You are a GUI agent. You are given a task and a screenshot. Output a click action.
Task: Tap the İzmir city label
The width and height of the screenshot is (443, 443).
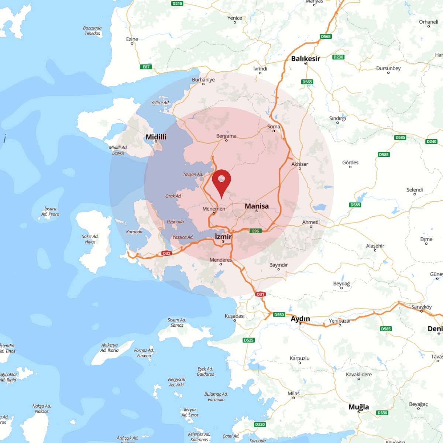[x=223, y=237]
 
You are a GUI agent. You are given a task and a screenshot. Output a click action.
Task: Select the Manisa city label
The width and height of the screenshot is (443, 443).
[x=257, y=206]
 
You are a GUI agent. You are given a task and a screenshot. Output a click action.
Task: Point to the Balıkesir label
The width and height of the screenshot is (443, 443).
[x=305, y=59]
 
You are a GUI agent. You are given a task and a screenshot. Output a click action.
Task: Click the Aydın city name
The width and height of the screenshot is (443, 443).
[x=300, y=319]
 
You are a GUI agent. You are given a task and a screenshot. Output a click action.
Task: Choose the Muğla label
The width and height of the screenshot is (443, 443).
[x=358, y=407]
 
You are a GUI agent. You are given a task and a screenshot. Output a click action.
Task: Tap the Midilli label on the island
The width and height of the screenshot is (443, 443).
[x=156, y=137]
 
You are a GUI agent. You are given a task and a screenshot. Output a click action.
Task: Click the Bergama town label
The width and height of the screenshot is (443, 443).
[x=226, y=136]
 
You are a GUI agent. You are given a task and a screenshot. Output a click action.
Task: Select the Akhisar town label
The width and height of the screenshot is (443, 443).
[x=299, y=164]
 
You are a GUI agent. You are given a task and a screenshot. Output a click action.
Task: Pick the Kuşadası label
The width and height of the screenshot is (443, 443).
[x=234, y=316]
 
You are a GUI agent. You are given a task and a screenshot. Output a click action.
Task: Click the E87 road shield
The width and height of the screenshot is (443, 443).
[x=146, y=67]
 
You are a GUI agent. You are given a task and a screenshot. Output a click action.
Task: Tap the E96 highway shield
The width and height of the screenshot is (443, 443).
[x=255, y=231]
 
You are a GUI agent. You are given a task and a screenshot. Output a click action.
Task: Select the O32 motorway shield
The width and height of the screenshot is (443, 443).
[x=166, y=253]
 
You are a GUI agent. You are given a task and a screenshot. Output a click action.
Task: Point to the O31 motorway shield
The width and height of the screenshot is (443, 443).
[x=260, y=294]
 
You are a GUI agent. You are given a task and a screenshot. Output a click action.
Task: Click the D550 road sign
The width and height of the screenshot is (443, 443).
[x=279, y=315]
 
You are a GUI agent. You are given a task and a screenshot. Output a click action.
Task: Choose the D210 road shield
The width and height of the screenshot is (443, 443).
[x=177, y=3]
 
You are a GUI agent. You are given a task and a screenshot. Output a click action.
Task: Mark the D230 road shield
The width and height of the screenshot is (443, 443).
[x=338, y=57]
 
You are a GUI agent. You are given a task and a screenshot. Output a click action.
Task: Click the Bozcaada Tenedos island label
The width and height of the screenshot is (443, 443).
[x=92, y=31]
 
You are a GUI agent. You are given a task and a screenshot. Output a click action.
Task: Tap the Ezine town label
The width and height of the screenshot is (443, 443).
[x=132, y=39]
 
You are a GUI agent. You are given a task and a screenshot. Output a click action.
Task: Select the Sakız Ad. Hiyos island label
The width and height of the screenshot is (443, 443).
[x=90, y=239]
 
